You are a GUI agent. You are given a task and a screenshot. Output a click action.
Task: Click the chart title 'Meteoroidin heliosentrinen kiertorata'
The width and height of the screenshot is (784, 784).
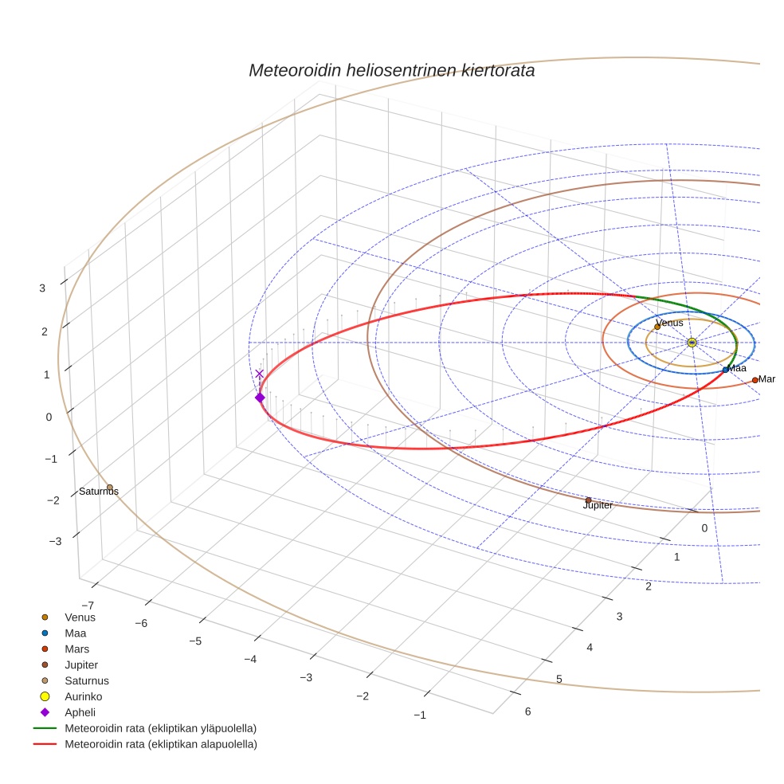click(x=391, y=70)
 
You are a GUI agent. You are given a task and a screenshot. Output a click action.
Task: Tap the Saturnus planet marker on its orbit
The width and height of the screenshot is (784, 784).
click(x=110, y=488)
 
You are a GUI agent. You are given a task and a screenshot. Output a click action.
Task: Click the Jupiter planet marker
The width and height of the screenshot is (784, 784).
click(x=588, y=500)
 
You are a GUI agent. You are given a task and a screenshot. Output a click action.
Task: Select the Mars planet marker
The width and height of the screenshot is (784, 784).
click(x=755, y=380)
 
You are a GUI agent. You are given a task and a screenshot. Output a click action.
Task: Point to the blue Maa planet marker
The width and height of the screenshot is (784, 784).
click(x=725, y=370)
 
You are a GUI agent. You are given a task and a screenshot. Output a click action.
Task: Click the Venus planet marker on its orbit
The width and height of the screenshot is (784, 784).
click(x=657, y=327)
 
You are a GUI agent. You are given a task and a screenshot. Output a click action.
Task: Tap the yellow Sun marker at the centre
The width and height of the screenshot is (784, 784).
click(x=692, y=343)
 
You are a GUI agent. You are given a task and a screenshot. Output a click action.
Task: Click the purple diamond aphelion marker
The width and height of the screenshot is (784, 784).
click(x=260, y=398)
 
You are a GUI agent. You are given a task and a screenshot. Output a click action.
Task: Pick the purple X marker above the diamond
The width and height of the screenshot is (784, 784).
click(x=259, y=374)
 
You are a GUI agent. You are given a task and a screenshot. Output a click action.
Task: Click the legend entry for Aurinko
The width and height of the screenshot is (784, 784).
click(x=83, y=696)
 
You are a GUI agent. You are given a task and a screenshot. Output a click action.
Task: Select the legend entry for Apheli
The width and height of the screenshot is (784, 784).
click(x=80, y=712)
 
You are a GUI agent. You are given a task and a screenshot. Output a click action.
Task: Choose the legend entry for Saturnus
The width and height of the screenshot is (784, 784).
click(x=86, y=680)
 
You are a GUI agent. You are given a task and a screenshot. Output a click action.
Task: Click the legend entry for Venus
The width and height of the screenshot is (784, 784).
click(x=80, y=617)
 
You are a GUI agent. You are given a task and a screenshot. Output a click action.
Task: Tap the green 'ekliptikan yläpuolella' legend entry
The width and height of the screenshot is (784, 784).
click(x=160, y=728)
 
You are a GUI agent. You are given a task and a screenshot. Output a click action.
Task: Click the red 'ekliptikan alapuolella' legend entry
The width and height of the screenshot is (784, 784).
click(x=160, y=744)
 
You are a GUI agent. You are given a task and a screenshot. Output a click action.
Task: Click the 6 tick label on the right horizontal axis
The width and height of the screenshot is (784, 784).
click(x=527, y=711)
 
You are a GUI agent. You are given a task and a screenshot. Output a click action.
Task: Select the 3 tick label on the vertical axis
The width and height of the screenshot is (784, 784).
click(x=42, y=288)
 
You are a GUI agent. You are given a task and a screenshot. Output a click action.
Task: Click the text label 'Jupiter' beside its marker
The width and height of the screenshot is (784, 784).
click(x=598, y=506)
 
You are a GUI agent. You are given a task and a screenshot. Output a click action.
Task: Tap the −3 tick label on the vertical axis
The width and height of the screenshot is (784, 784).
click(x=55, y=542)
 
